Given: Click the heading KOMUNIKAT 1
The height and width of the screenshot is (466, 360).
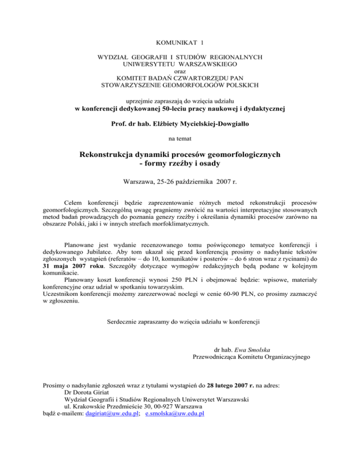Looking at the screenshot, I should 180,42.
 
